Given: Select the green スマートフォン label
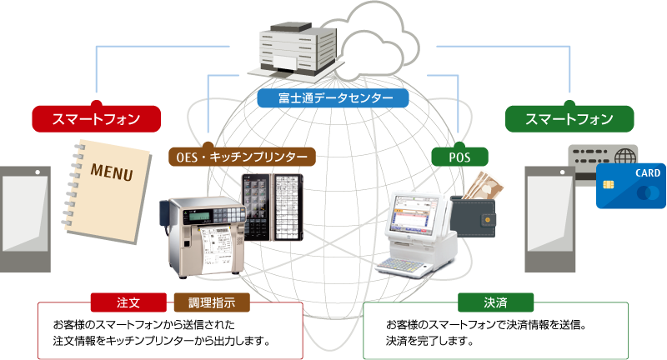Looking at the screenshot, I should (569, 119).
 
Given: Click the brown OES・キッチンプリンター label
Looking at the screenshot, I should (242, 157).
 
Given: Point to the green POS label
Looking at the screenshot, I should (459, 157).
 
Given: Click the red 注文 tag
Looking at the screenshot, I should (128, 301).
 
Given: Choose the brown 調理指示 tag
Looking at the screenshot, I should (211, 301).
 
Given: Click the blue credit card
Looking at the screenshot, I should (630, 186).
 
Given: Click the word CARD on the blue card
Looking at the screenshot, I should (647, 174).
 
